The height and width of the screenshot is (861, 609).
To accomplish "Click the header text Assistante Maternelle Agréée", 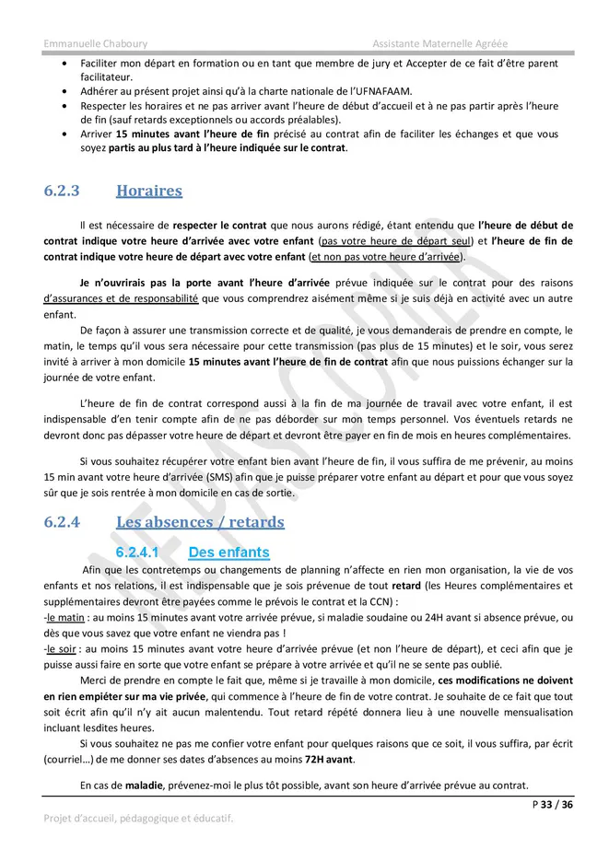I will coord(440,43).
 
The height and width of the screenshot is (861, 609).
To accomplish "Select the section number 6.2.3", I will coord(62,192).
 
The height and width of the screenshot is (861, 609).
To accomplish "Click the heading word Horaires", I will coord(148,192).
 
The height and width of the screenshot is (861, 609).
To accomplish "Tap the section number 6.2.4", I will coord(62,522).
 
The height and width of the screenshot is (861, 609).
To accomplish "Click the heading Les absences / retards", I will coord(200,522).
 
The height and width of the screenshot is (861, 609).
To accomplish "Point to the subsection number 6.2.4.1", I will coord(137,553).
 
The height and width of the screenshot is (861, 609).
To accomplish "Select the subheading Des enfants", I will coord(228,553).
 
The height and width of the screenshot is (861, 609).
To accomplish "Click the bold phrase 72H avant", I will coord(328,759).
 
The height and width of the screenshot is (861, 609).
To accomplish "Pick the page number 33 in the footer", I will coord(546,804).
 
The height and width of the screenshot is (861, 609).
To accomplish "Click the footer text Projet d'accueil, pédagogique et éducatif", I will coord(138,818).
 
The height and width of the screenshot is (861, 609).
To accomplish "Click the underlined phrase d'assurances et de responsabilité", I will coord(121,298).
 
